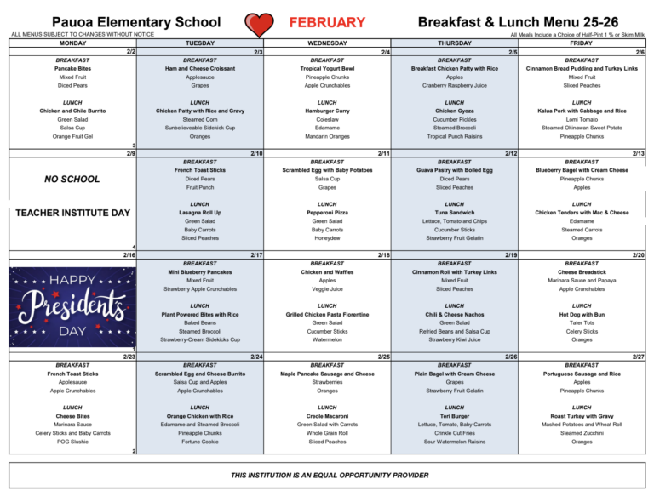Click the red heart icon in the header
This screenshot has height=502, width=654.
pos(259,23)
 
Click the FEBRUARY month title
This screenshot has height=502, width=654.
pos(327,22)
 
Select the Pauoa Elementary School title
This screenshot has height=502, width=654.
pos(129,22)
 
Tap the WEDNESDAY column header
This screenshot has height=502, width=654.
pos(327,43)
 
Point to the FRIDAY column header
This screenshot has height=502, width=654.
pos(582,43)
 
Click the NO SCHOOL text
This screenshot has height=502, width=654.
pos(72,180)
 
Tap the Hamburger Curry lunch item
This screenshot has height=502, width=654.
pos(327,111)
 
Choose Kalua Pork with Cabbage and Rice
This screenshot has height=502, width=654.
pos(582,111)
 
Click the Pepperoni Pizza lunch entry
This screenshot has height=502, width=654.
pos(327,213)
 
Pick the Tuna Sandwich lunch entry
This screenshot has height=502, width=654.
pos(455,213)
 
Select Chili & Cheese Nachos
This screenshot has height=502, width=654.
pos(455,315)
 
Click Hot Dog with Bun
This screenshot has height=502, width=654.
pos(582,315)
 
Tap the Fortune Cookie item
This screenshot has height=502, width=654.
pos(200,442)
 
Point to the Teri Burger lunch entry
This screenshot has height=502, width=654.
pos(455,416)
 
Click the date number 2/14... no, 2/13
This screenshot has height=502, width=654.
pos(638,153)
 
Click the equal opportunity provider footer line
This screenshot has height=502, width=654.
pos(327,475)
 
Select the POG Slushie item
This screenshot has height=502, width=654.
pos(72,442)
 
